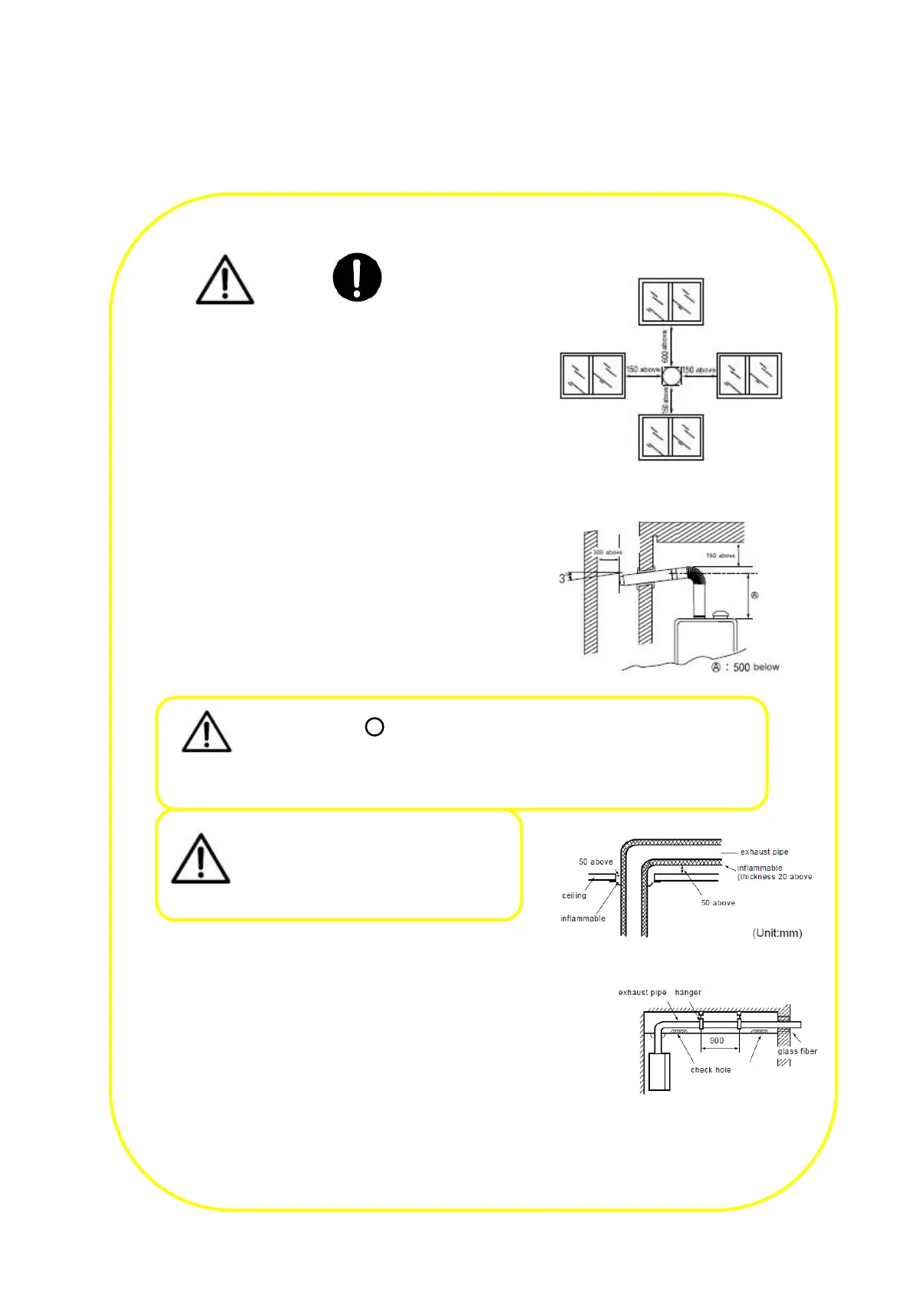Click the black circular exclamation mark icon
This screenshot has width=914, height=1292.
[357, 277]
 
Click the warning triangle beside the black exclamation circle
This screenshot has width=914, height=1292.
[225, 280]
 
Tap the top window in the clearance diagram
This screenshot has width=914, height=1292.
[671, 302]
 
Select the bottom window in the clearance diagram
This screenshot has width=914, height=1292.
[671, 437]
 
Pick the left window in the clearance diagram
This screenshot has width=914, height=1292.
[592, 375]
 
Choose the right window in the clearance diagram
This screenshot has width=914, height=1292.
[749, 375]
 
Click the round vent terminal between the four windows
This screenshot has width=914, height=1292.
[671, 376]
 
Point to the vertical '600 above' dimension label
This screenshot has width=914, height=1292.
[665, 347]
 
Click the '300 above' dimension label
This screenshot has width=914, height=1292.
[608, 552]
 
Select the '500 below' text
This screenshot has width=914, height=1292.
[755, 667]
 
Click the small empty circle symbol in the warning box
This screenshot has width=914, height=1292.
[375, 727]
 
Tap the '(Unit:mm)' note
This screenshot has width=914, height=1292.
[777, 933]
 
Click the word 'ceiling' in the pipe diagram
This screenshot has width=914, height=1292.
[574, 895]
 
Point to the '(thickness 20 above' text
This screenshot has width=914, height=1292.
[774, 876]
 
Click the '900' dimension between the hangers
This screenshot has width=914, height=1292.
[717, 1040]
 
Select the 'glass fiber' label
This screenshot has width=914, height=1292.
[797, 1051]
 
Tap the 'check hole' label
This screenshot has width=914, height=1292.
[711, 1070]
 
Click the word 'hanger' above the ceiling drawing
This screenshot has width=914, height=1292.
[688, 992]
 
